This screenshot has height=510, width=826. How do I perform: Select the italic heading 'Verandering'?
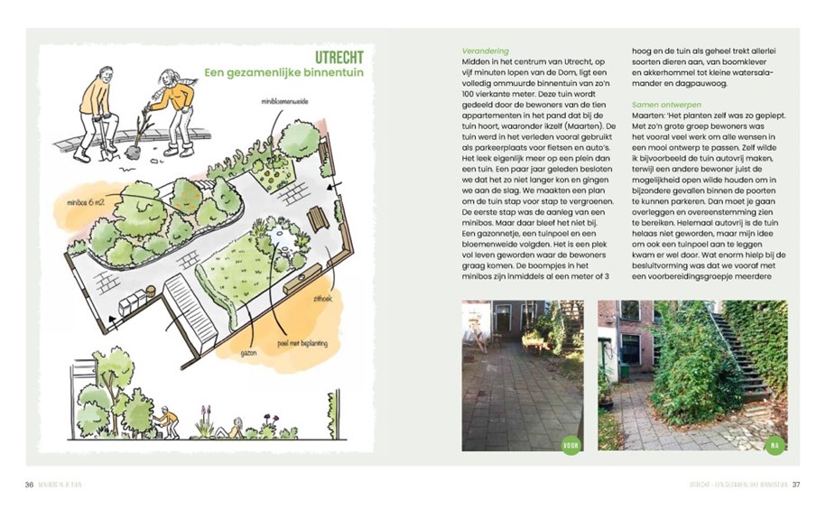tap(485, 51)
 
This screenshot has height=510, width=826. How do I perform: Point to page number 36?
tap(30, 486)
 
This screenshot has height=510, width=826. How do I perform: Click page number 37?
tap(796, 486)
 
